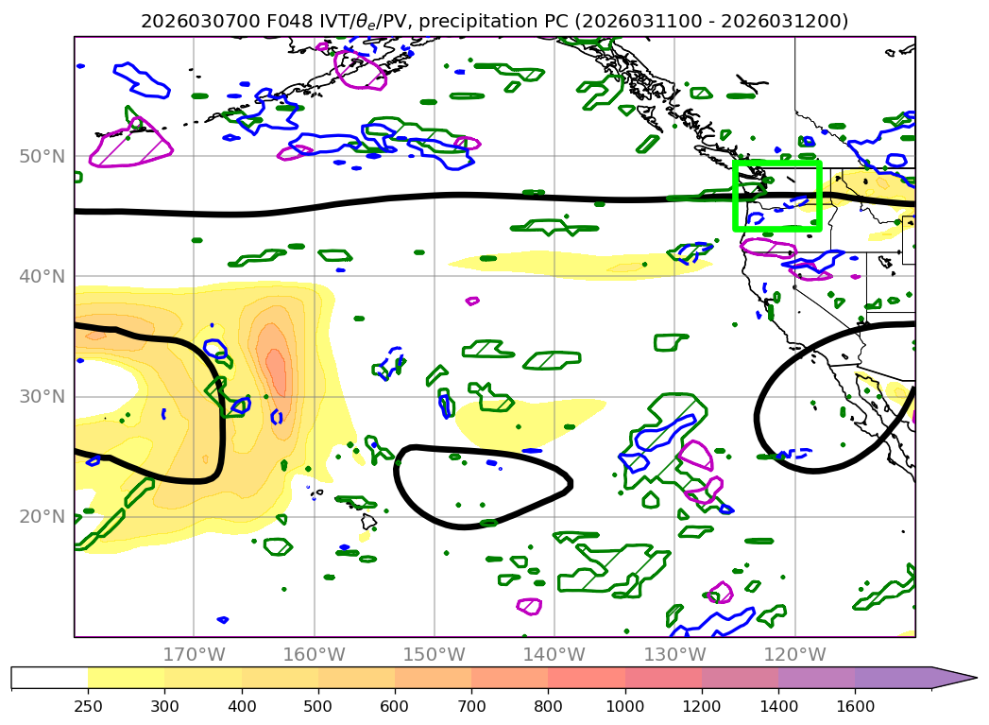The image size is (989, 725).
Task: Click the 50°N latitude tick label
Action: (x=44, y=156)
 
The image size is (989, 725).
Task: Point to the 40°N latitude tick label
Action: (x=44, y=276)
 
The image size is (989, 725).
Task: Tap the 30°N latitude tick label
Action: (x=44, y=396)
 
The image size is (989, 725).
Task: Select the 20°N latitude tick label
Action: (x=44, y=516)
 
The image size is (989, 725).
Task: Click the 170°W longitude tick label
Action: (x=194, y=655)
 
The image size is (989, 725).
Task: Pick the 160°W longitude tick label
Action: (x=314, y=655)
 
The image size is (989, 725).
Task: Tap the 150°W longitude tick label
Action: (x=434, y=655)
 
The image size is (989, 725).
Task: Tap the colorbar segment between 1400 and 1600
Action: (x=816, y=678)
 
